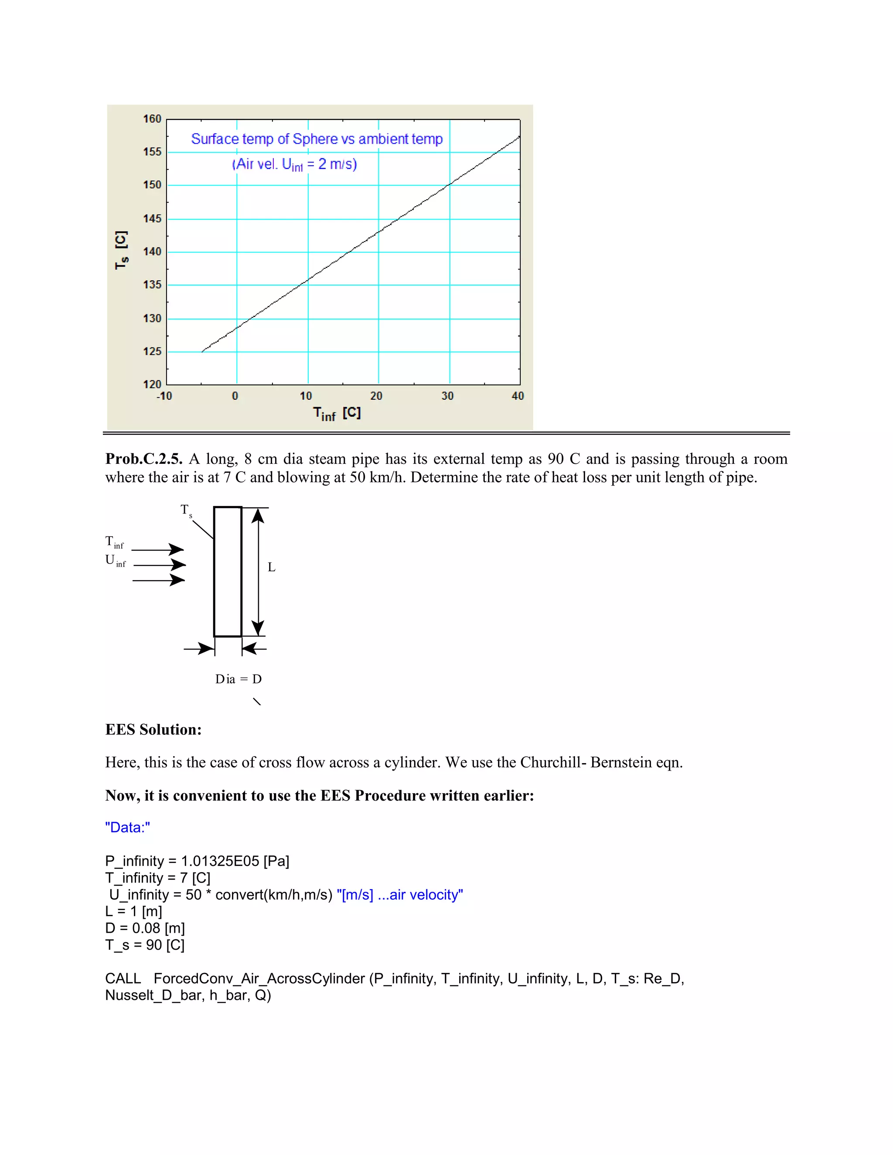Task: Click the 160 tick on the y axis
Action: tap(152, 119)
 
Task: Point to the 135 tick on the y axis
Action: tap(152, 285)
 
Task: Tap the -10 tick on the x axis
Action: tap(164, 396)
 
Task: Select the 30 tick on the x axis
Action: tap(447, 396)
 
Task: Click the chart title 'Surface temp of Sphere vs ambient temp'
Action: tap(317, 139)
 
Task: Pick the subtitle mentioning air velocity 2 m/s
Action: tap(294, 164)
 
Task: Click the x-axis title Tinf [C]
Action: tap(337, 414)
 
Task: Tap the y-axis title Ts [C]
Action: tap(121, 250)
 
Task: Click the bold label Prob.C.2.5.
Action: tap(144, 459)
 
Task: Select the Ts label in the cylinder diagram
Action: tap(186, 510)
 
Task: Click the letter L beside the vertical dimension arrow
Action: tap(271, 567)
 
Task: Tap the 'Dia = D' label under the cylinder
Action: tap(238, 679)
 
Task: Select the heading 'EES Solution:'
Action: tap(153, 730)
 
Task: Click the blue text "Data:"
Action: tap(127, 828)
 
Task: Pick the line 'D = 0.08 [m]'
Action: tap(145, 928)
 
